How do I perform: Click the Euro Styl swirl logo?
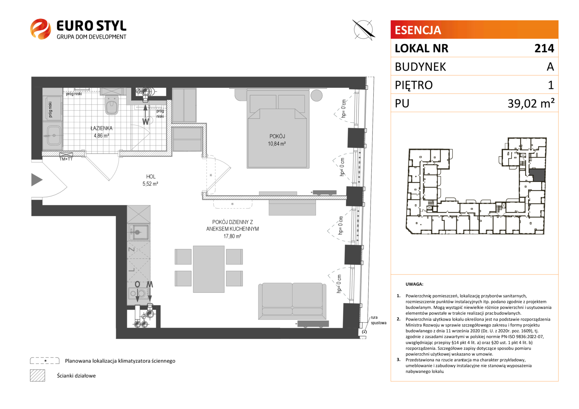coord(40,29)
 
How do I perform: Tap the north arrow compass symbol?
coord(363,30)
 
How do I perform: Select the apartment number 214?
coord(545,48)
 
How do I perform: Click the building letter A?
coord(550,67)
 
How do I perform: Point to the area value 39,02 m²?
coord(531,103)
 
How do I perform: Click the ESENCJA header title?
coord(418,30)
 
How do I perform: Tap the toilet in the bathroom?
coord(112,105)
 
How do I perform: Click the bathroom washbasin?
coord(54,135)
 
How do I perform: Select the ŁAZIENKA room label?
coord(101,128)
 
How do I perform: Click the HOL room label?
coord(151,176)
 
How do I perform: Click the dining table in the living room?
coord(208,269)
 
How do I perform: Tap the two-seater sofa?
coord(292,301)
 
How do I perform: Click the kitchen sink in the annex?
coord(139,232)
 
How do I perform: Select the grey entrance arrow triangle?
coord(37,180)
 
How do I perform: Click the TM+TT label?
coord(66,159)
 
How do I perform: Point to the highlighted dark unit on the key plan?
coord(537,175)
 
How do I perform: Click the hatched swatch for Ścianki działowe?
coord(38,375)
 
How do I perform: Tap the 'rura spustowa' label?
coord(379,320)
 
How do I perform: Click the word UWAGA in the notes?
coord(414,284)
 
